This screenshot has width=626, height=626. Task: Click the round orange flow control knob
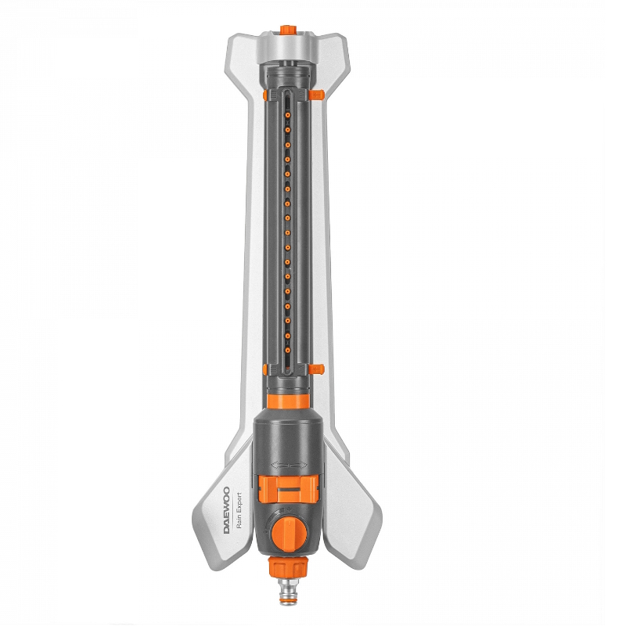coord(290,533)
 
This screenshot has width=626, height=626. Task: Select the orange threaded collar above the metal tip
coord(289,567)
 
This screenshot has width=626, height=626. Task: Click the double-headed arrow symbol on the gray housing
coord(289,465)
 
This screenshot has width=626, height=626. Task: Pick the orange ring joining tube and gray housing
coord(288,401)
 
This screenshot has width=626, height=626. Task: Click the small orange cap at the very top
coord(288,30)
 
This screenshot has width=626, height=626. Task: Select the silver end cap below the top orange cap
coord(288,46)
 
